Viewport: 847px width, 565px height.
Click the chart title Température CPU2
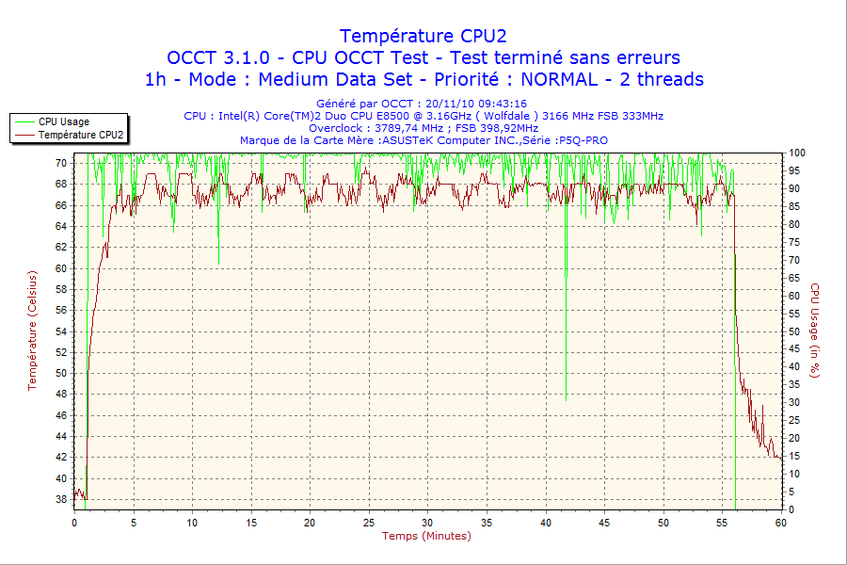[423, 36]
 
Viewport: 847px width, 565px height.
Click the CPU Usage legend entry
[64, 121]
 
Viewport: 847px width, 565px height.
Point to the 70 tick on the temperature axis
[60, 162]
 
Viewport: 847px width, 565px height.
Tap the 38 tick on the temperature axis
[60, 499]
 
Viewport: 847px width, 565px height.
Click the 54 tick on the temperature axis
[60, 331]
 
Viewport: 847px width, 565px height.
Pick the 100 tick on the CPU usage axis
[796, 153]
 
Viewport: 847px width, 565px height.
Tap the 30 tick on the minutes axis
[427, 522]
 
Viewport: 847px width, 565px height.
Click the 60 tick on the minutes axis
[780, 522]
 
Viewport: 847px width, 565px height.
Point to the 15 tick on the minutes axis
[251, 522]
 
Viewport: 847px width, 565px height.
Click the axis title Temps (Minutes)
[426, 536]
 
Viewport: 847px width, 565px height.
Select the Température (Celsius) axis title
[32, 330]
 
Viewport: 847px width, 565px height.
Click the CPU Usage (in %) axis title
[815, 331]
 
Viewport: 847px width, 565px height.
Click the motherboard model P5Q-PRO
[583, 140]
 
